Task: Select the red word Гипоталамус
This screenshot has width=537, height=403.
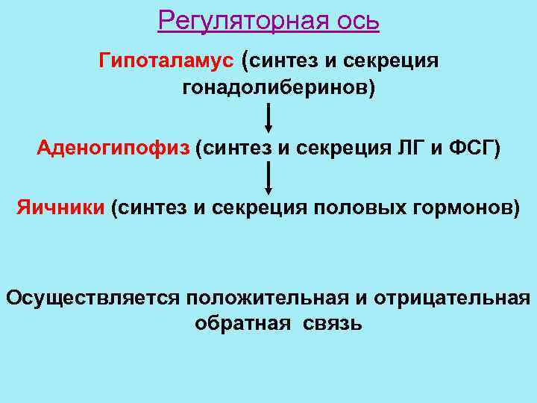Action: (x=166, y=60)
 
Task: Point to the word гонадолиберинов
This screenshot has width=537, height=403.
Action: (x=278, y=89)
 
